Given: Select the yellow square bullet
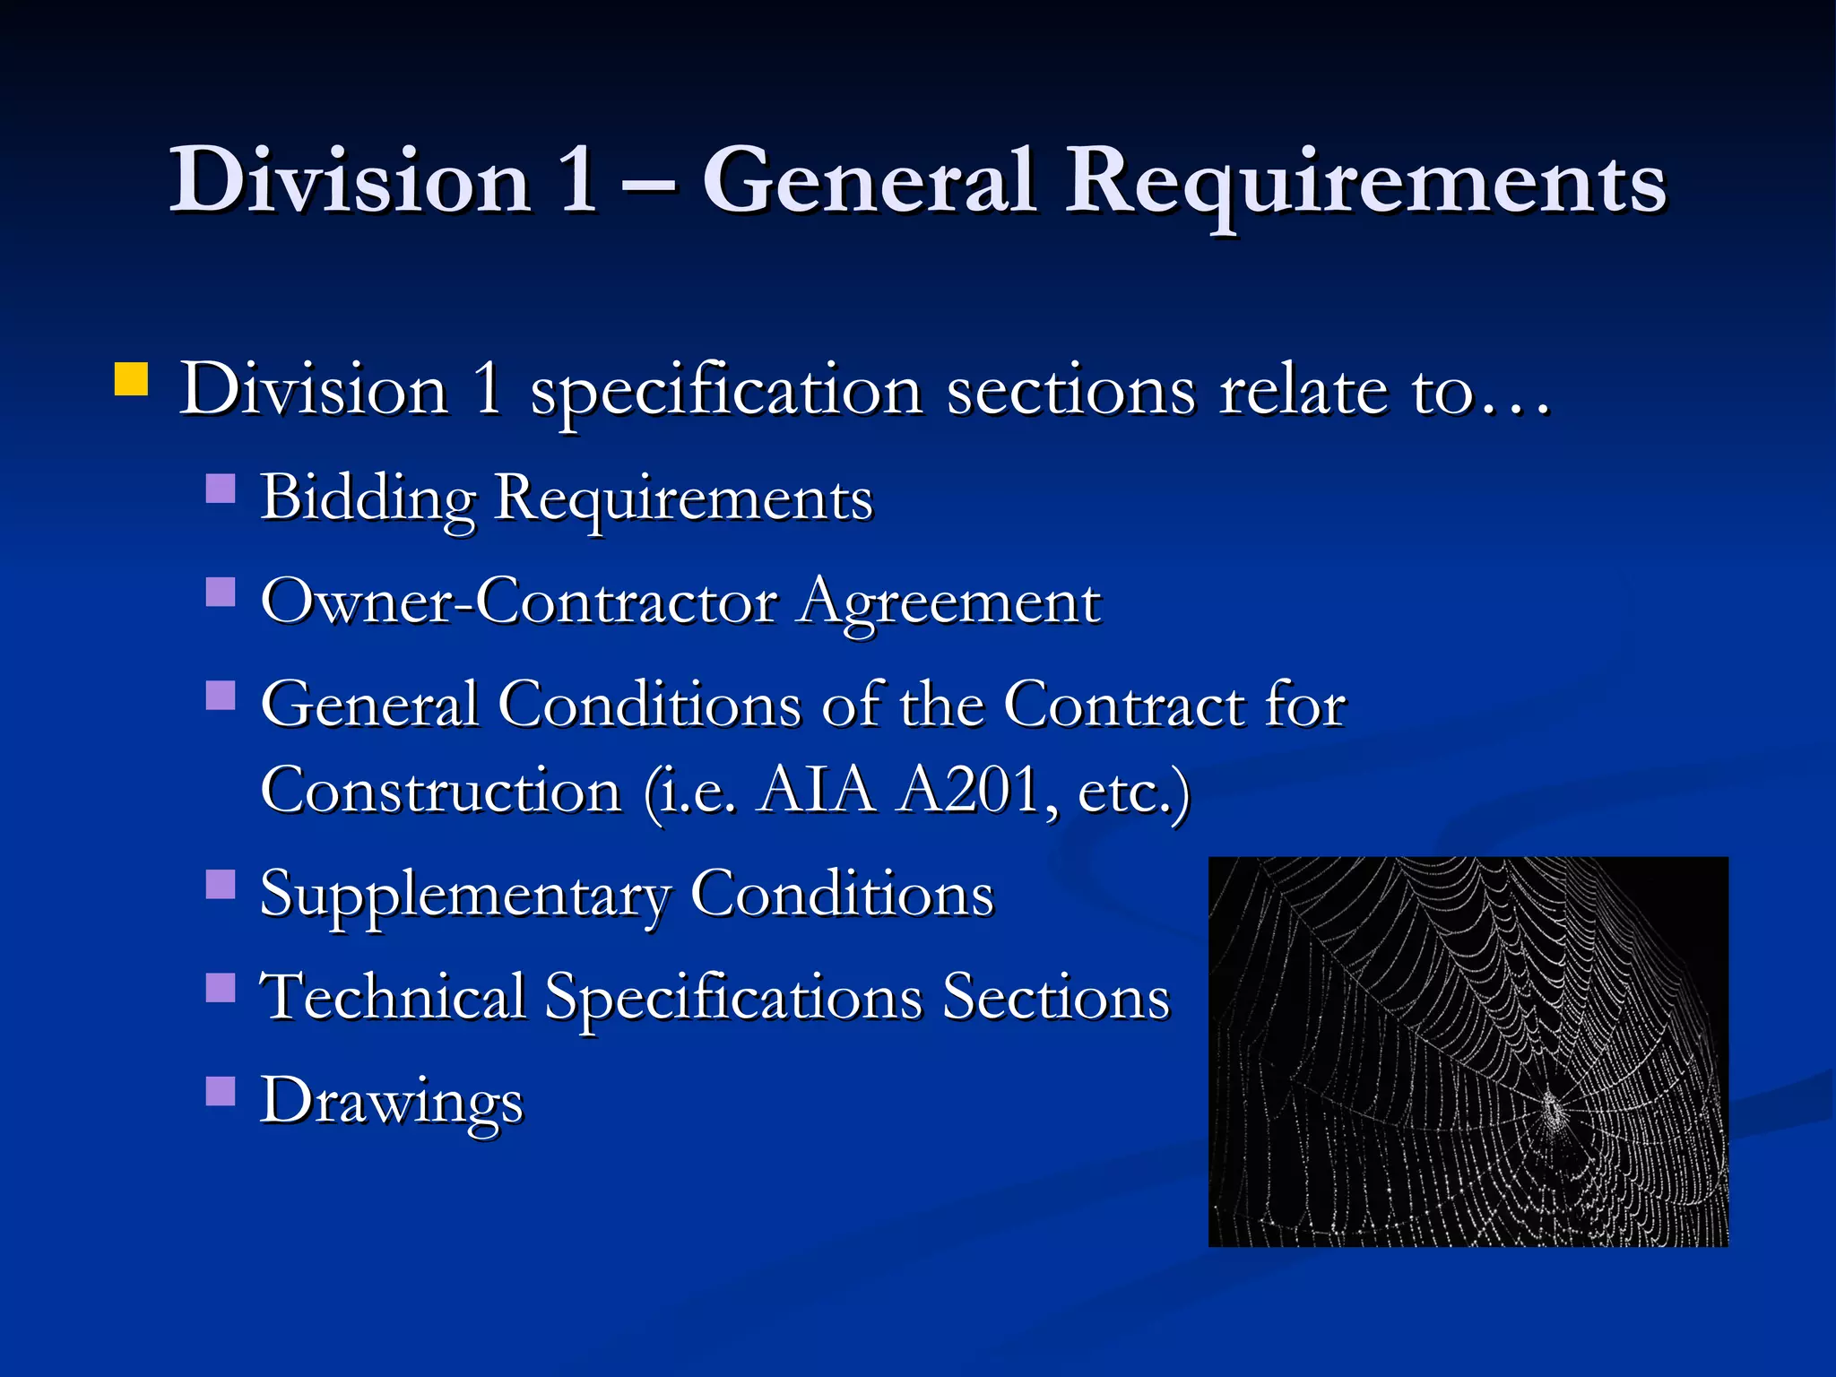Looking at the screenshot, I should pos(131,379).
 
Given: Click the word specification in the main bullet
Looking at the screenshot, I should pos(726,392).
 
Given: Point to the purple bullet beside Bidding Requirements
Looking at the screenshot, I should pos(221,489).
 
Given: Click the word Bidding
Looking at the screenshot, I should pos(368,498).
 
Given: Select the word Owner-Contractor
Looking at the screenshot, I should pos(519,601).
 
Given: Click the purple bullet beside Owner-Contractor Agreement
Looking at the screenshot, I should pos(221,592).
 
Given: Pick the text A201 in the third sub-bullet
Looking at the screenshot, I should pos(977,791).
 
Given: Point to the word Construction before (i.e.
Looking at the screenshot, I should pos(441,791).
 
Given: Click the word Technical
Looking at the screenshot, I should pos(393,997).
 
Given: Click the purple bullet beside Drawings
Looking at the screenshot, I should pos(221,1091).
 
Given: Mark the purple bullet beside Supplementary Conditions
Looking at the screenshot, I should pos(221,885).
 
